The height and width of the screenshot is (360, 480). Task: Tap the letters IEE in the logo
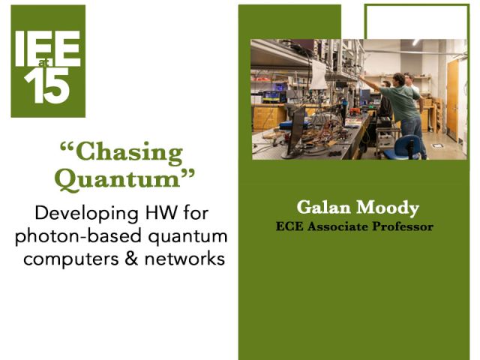click(x=48, y=48)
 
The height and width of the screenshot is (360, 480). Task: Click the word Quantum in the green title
click(x=122, y=179)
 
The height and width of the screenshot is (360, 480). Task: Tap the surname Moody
click(x=379, y=207)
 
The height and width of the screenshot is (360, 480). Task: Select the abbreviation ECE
click(x=289, y=226)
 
